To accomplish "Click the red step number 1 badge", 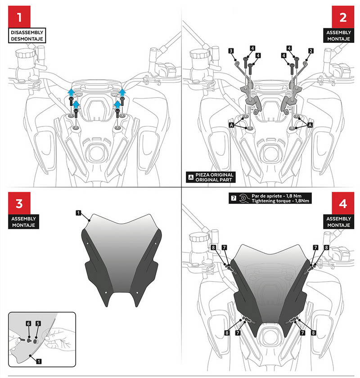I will (19, 18).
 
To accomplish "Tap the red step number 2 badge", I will (343, 18).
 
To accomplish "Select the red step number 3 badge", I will (19, 203).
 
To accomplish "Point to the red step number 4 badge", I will (343, 203).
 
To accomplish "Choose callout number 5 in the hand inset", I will (38, 324).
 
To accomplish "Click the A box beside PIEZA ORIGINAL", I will (190, 177).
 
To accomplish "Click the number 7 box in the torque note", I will (232, 198).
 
